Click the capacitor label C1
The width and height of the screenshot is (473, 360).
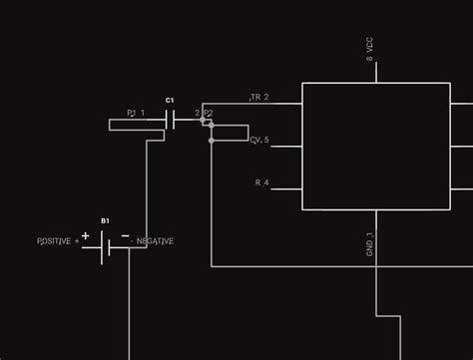170,101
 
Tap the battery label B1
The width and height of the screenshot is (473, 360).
105,219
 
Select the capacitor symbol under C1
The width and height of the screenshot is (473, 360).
172,121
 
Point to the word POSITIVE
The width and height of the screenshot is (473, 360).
55,241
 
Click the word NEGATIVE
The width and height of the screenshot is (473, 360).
155,241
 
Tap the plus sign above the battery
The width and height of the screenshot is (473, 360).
86,236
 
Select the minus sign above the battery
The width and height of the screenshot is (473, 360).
125,236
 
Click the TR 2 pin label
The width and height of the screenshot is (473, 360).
259,98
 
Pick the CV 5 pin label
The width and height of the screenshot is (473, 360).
259,141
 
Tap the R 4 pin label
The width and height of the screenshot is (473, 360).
262,182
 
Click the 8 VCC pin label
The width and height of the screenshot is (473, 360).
369,50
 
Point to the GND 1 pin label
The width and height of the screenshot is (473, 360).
369,245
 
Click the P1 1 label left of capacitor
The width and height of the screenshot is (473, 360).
136,114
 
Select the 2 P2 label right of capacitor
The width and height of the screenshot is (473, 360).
204,114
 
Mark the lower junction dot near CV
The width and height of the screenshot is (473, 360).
211,141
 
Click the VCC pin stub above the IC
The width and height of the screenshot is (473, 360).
376,72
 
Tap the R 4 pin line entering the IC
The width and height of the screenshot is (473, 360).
286,188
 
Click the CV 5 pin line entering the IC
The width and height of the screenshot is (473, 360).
286,147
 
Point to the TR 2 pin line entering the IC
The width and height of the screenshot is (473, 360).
286,104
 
